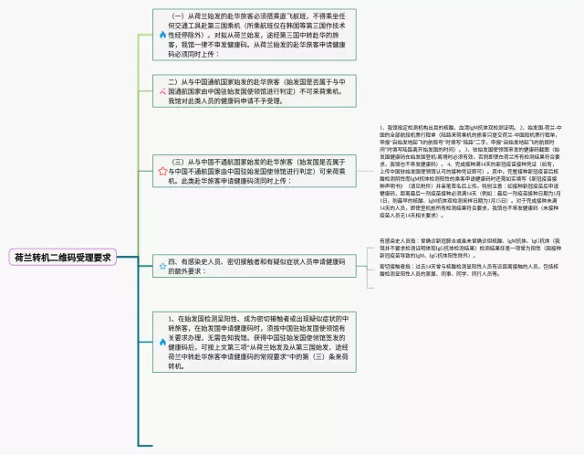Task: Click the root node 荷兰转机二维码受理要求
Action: coord(62,258)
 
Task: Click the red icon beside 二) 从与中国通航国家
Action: coord(162,92)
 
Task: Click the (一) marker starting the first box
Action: coord(180,16)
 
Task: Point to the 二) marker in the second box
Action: coord(178,82)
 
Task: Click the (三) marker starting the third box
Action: coord(179,160)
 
